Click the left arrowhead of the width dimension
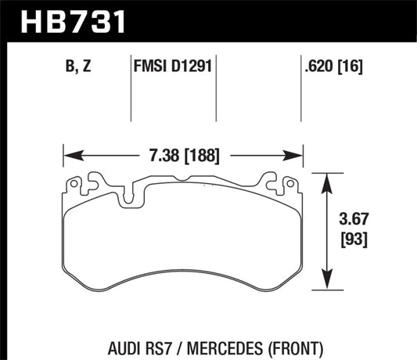67,154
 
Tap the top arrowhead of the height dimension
325,177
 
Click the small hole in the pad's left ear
74,185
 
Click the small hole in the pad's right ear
290,185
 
